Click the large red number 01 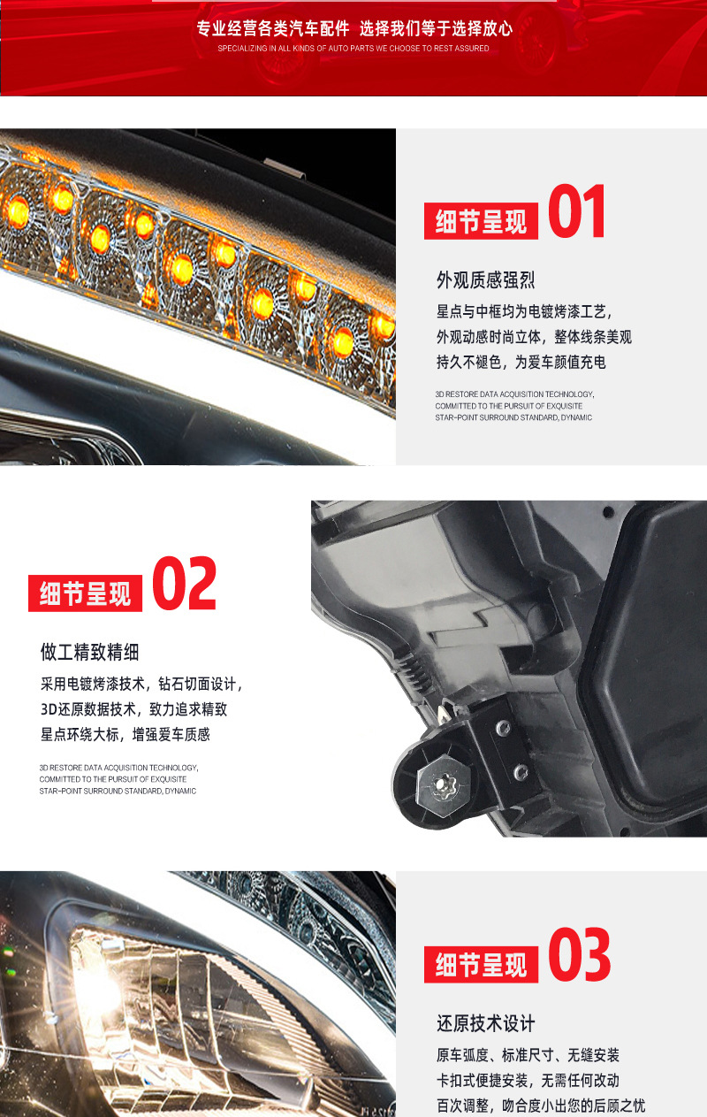577,211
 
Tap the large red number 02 184,583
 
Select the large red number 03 579,955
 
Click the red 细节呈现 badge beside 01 481,221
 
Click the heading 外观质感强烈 485,281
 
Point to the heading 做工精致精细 90,653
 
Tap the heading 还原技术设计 485,1024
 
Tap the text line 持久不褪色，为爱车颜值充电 521,362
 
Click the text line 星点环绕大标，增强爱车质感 125,734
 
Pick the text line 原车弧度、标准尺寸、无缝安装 528,1055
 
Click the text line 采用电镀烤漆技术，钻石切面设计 141,684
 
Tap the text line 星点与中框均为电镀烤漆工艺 524,311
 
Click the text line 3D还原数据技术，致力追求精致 134,709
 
